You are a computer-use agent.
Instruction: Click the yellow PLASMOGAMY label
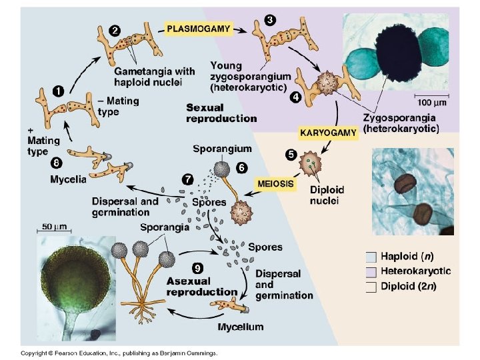point(199,29)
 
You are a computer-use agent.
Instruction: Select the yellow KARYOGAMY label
point(328,133)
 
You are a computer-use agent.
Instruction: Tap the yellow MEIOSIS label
point(275,183)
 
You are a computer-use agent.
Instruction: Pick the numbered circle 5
point(291,155)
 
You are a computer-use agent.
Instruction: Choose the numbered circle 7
point(189,178)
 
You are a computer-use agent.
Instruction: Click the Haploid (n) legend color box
point(371,256)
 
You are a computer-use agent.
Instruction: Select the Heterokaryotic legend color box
point(371,271)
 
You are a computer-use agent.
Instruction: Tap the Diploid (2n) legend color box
point(371,287)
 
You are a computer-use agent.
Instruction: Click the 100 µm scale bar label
point(433,103)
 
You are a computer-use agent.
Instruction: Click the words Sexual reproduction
point(221,113)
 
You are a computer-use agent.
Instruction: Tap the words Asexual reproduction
point(202,286)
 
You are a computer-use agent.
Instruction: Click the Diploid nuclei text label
point(327,195)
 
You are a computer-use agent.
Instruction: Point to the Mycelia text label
point(69,179)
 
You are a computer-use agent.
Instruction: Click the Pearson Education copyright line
point(119,353)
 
